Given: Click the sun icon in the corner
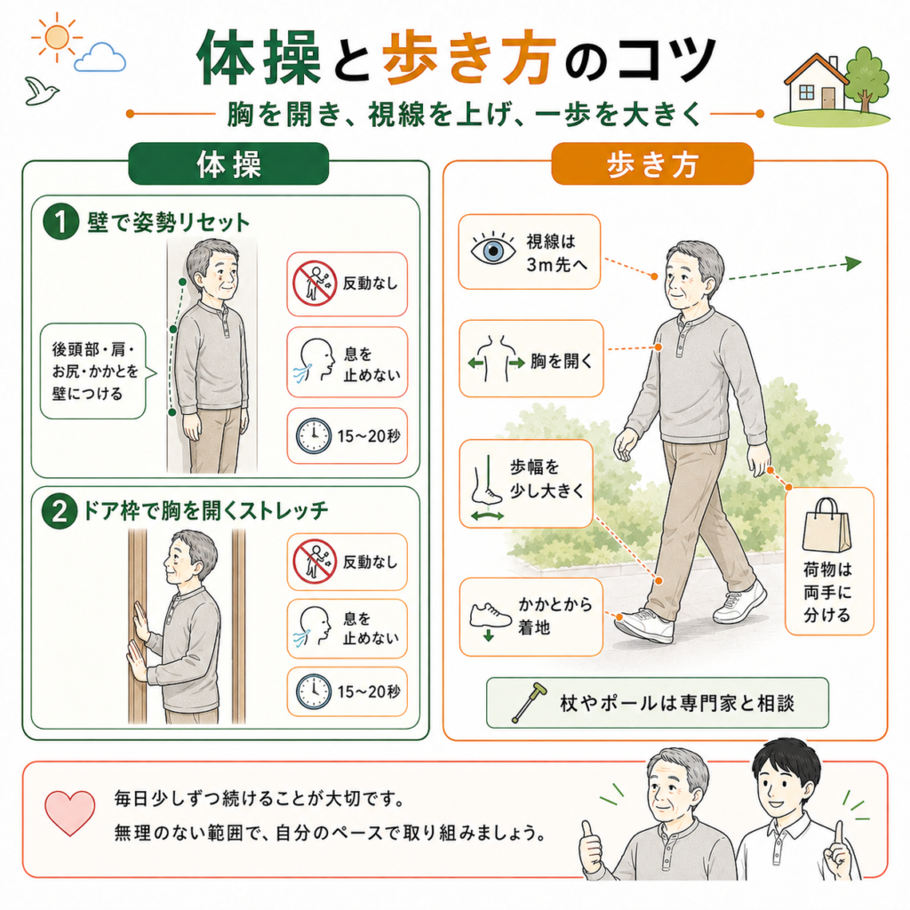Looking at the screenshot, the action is coord(56,37).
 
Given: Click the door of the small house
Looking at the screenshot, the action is coord(828,96).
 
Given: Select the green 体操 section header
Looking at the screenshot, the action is coord(228,164).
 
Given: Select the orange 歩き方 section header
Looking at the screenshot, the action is coord(652,164).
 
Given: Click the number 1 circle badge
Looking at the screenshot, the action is coord(60,222).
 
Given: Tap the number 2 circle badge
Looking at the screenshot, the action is coord(60,511).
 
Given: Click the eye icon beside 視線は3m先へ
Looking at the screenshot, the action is coord(492,250).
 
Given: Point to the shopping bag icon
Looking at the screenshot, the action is coord(826,525).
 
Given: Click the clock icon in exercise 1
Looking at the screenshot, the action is coord(314,435).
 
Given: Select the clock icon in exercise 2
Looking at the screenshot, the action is coord(314,691).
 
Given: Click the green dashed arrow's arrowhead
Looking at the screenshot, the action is coord(853,263).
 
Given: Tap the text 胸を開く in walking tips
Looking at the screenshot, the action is coord(562,361).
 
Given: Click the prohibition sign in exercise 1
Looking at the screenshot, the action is coord(315,283).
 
